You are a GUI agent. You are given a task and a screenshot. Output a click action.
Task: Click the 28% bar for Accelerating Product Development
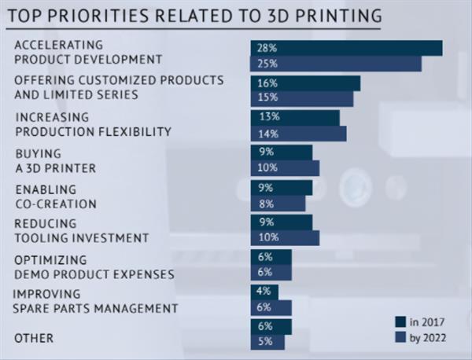[x=346, y=48]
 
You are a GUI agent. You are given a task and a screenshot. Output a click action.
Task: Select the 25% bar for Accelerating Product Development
[x=336, y=64]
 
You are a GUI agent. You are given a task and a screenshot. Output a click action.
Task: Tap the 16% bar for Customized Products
[x=305, y=83]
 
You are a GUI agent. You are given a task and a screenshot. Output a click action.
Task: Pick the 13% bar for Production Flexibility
[x=295, y=118]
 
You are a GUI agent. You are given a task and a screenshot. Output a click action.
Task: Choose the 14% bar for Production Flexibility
[x=298, y=134]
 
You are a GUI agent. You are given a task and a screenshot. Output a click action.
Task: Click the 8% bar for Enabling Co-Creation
[x=278, y=204]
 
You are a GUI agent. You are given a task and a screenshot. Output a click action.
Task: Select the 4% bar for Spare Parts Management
[x=264, y=292]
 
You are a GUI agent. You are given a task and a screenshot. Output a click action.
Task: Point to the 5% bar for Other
[x=267, y=342]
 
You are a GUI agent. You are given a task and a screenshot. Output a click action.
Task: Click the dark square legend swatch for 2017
[x=400, y=321]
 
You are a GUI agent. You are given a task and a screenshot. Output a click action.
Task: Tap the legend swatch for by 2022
[x=400, y=337]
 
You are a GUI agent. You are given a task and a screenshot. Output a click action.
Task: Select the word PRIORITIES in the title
[x=98, y=16]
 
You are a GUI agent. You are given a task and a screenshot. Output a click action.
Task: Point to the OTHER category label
[x=34, y=338]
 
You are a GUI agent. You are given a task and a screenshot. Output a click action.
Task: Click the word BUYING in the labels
[x=39, y=154]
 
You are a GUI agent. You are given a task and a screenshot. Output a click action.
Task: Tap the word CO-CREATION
[x=56, y=204]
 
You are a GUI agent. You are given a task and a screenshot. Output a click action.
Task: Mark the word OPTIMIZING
[x=50, y=260]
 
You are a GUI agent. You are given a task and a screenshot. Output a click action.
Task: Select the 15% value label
[x=267, y=97]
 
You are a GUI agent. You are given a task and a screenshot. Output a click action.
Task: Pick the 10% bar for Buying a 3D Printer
[x=285, y=168]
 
